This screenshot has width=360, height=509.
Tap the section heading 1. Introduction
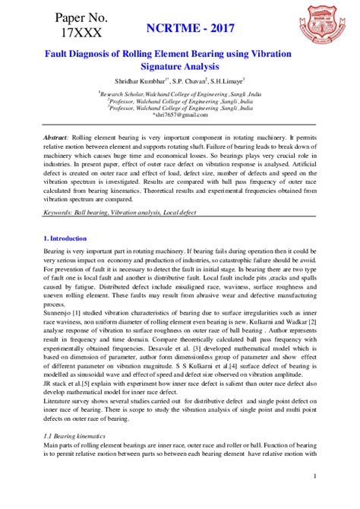(x=65, y=239)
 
